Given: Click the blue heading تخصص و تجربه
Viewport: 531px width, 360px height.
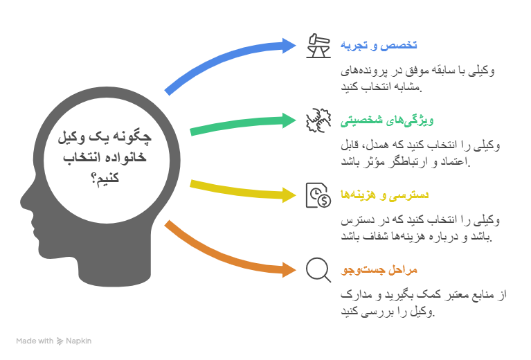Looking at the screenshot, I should coord(379,45).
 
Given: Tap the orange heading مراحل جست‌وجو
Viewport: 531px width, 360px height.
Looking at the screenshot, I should coord(379,269).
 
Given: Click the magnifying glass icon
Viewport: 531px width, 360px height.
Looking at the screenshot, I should coord(318,269).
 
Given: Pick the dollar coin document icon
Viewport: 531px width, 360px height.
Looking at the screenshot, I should coord(318,195).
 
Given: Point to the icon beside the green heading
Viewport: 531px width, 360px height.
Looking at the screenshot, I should coord(318,120).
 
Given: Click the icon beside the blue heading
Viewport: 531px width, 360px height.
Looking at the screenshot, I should coord(318,45).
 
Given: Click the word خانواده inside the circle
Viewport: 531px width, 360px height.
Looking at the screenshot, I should coord(127,159).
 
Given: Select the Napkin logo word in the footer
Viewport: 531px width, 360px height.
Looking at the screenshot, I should coord(78,341).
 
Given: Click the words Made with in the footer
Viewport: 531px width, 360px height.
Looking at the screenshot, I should coord(35,341).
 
